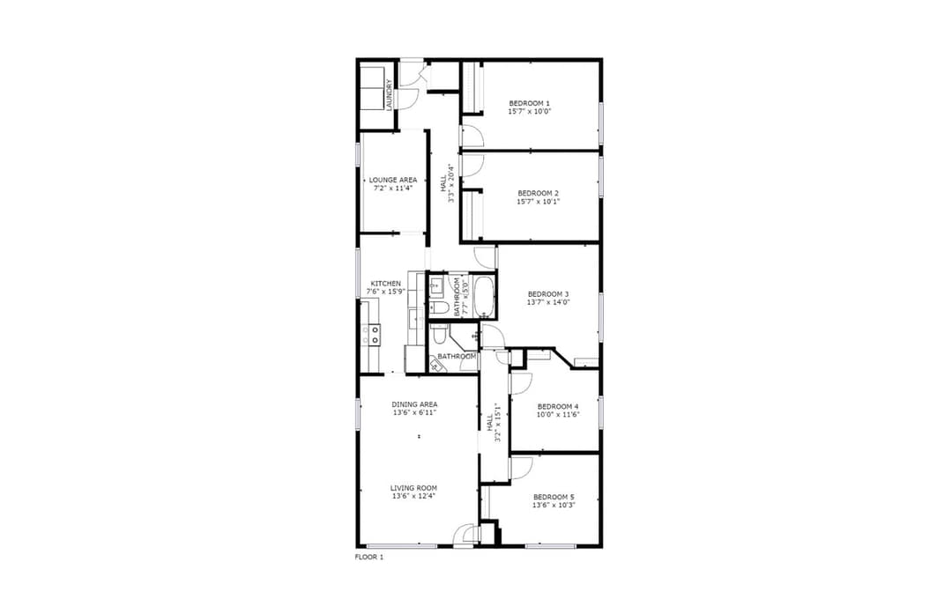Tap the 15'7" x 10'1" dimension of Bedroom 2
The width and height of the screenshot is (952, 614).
click(x=538, y=202)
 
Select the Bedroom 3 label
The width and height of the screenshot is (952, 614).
click(x=548, y=294)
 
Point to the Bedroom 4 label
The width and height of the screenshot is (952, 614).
click(x=558, y=406)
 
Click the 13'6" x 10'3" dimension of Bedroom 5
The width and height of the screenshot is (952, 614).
click(x=554, y=505)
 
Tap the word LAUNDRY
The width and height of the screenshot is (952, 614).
click(x=390, y=95)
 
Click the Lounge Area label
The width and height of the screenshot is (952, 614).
click(x=393, y=181)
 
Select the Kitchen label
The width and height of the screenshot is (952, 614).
click(x=385, y=284)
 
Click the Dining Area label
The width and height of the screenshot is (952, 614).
click(x=414, y=404)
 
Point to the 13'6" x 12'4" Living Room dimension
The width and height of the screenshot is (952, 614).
click(x=413, y=496)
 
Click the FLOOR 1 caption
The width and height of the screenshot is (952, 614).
click(x=369, y=557)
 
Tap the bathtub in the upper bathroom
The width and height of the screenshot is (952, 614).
click(x=484, y=297)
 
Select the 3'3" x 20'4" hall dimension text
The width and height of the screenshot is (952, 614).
click(x=451, y=183)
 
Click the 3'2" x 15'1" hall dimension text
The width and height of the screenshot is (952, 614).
click(x=497, y=422)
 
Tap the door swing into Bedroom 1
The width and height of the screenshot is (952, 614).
click(x=472, y=136)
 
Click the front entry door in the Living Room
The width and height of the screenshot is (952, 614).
click(x=465, y=534)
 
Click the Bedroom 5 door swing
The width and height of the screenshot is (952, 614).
click(x=521, y=467)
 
